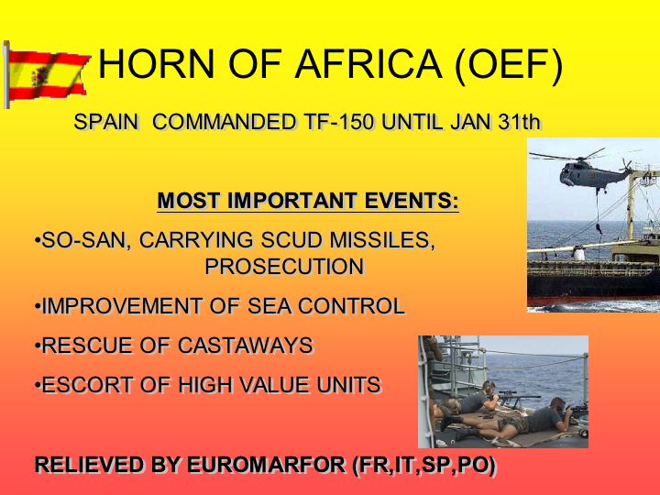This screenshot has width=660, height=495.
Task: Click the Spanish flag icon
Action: point(47,75)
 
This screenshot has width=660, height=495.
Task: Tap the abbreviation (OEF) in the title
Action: point(509,65)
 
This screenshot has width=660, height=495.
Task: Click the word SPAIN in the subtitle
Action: point(106,122)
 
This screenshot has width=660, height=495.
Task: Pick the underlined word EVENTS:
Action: point(412,201)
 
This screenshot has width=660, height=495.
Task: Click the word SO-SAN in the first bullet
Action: point(86,240)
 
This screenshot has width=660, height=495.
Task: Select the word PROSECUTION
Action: point(284,267)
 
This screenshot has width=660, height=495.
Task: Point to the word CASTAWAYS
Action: point(246,346)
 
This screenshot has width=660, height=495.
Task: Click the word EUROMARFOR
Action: point(266,465)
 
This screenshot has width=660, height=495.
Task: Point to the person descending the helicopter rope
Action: point(599,228)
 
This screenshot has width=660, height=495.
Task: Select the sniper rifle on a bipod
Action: point(519,397)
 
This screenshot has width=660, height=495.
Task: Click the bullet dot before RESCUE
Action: point(38,346)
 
